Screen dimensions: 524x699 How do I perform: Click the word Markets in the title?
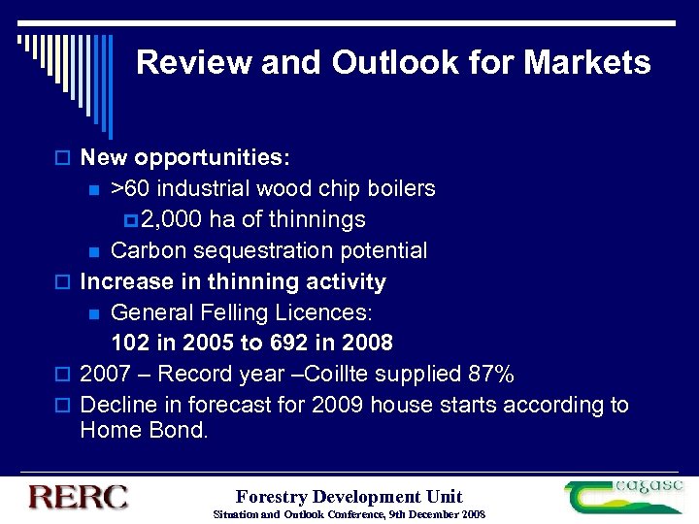click(587, 63)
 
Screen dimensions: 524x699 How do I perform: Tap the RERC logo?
click(79, 496)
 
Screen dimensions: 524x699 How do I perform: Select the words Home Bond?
click(144, 430)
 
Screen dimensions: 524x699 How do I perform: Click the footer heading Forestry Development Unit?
click(349, 496)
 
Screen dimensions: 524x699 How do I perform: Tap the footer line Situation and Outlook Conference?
click(349, 513)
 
